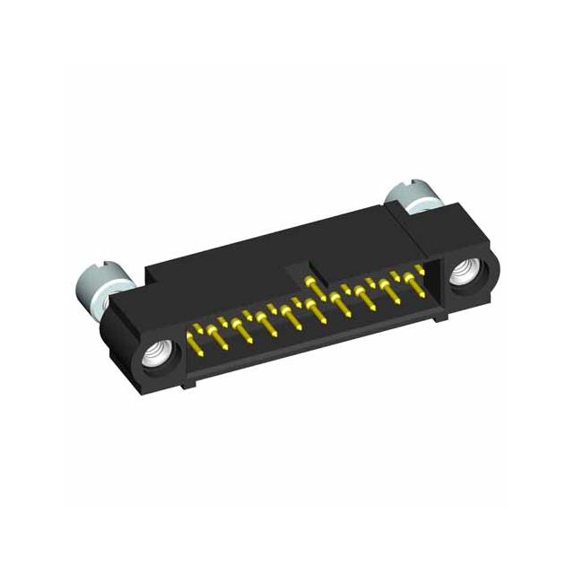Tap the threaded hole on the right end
pos(466,273)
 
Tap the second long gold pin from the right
pos(388,291)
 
